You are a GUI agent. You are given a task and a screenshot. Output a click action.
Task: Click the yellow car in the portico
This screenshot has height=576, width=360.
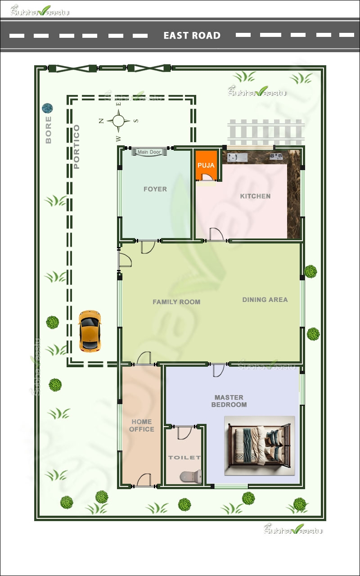pos(90,330)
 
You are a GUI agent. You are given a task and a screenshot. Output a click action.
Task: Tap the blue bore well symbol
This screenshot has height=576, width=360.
pos(47,108)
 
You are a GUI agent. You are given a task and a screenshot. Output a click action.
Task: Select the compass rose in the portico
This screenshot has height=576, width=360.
pos(118,121)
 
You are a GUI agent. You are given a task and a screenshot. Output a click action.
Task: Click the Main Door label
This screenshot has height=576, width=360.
pos(149,152)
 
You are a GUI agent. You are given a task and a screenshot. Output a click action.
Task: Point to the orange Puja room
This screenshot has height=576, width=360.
pos(206,166)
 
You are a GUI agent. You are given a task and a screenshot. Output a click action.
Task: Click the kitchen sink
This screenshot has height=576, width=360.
pos(237,157)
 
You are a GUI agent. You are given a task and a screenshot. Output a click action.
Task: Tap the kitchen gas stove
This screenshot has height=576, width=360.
pos(276,157)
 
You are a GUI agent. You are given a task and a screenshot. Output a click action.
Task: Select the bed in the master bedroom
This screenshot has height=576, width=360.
pos(260,445)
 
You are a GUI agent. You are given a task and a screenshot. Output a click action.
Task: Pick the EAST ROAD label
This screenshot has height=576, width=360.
pos(192,36)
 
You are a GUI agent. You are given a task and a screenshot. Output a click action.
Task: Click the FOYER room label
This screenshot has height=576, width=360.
pos(155,189)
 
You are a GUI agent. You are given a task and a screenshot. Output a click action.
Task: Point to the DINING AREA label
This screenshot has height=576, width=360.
pos(265,300)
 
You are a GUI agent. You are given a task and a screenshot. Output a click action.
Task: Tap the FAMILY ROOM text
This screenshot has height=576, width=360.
pos(176,302)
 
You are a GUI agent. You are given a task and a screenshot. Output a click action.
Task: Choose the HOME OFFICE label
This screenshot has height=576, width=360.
pos(142,425)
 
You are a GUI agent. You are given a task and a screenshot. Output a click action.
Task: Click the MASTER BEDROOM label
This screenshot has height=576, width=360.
pos(229,401)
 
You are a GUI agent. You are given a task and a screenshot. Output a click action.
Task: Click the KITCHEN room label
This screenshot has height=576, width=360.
pos(255,196)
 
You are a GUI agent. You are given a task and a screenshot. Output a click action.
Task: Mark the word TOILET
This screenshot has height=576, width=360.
pos(184,458)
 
